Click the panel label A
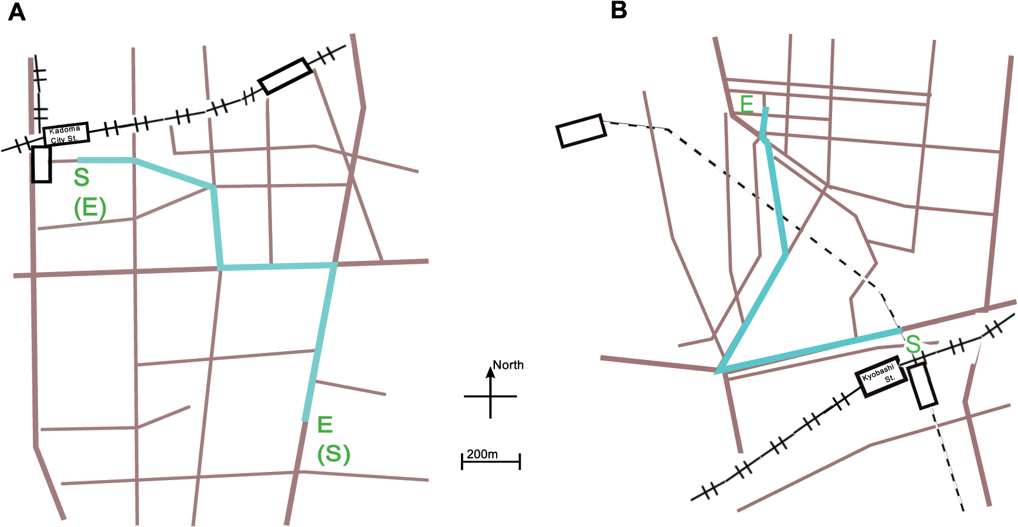click(x=16, y=12)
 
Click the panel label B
click(x=619, y=10)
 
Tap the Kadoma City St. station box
click(x=66, y=134)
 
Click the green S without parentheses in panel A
click(x=82, y=177)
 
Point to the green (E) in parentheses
click(x=90, y=208)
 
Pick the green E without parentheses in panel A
click(x=325, y=424)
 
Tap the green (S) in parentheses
click(x=334, y=454)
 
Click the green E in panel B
click(x=746, y=104)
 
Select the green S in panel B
click(x=913, y=344)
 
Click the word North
click(x=508, y=365)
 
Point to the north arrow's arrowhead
click(x=490, y=372)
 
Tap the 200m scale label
click(x=482, y=454)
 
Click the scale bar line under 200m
click(x=491, y=462)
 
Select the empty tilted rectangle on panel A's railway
click(x=286, y=76)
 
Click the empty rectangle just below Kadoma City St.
click(x=41, y=164)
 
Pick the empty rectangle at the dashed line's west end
click(x=581, y=131)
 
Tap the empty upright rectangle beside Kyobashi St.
click(x=922, y=385)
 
